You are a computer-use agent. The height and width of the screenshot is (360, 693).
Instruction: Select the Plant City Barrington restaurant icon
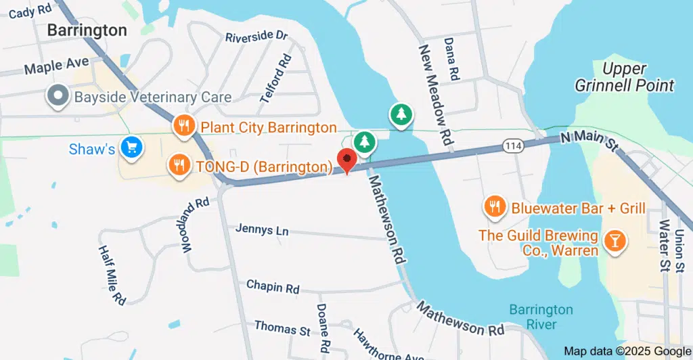pos(183,125)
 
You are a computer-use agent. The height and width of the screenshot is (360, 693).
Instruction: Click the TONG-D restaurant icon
pos(179,164)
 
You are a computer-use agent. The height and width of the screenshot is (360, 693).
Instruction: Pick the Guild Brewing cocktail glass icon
pos(615,241)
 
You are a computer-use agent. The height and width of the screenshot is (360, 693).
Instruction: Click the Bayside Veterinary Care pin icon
pos(58,96)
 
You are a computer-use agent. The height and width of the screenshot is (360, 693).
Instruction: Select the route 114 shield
pos(512,145)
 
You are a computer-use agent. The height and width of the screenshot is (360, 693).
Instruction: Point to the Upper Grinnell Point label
pos(624,77)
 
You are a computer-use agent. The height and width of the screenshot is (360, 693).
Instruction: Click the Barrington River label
pos(541,317)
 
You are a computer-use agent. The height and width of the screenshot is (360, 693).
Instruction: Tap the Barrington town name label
pos(87,30)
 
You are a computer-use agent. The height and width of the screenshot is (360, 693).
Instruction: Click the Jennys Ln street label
pos(262,230)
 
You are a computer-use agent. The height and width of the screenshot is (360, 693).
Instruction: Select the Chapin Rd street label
pos(273,287)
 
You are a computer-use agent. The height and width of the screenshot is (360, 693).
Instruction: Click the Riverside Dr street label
pos(256,35)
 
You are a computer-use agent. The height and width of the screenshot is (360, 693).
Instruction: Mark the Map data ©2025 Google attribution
pos(627,351)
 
